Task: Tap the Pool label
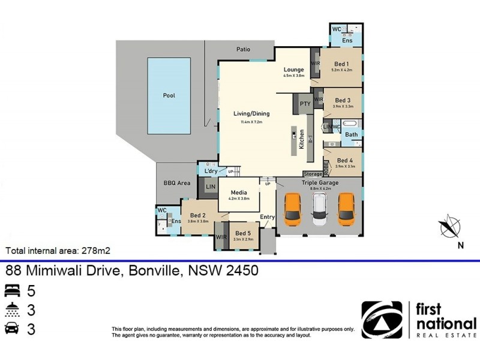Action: click(x=169, y=95)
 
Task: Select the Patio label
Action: click(x=242, y=50)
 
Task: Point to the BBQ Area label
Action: click(x=176, y=182)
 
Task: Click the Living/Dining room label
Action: click(x=251, y=113)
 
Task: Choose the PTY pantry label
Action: click(x=304, y=104)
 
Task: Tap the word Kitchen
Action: click(x=302, y=139)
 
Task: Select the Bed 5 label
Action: click(x=243, y=233)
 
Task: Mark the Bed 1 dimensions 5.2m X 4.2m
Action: click(x=341, y=70)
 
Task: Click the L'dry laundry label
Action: click(x=210, y=172)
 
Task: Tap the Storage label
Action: click(x=313, y=174)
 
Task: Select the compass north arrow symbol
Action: click(x=450, y=227)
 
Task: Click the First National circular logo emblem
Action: click(x=382, y=320)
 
